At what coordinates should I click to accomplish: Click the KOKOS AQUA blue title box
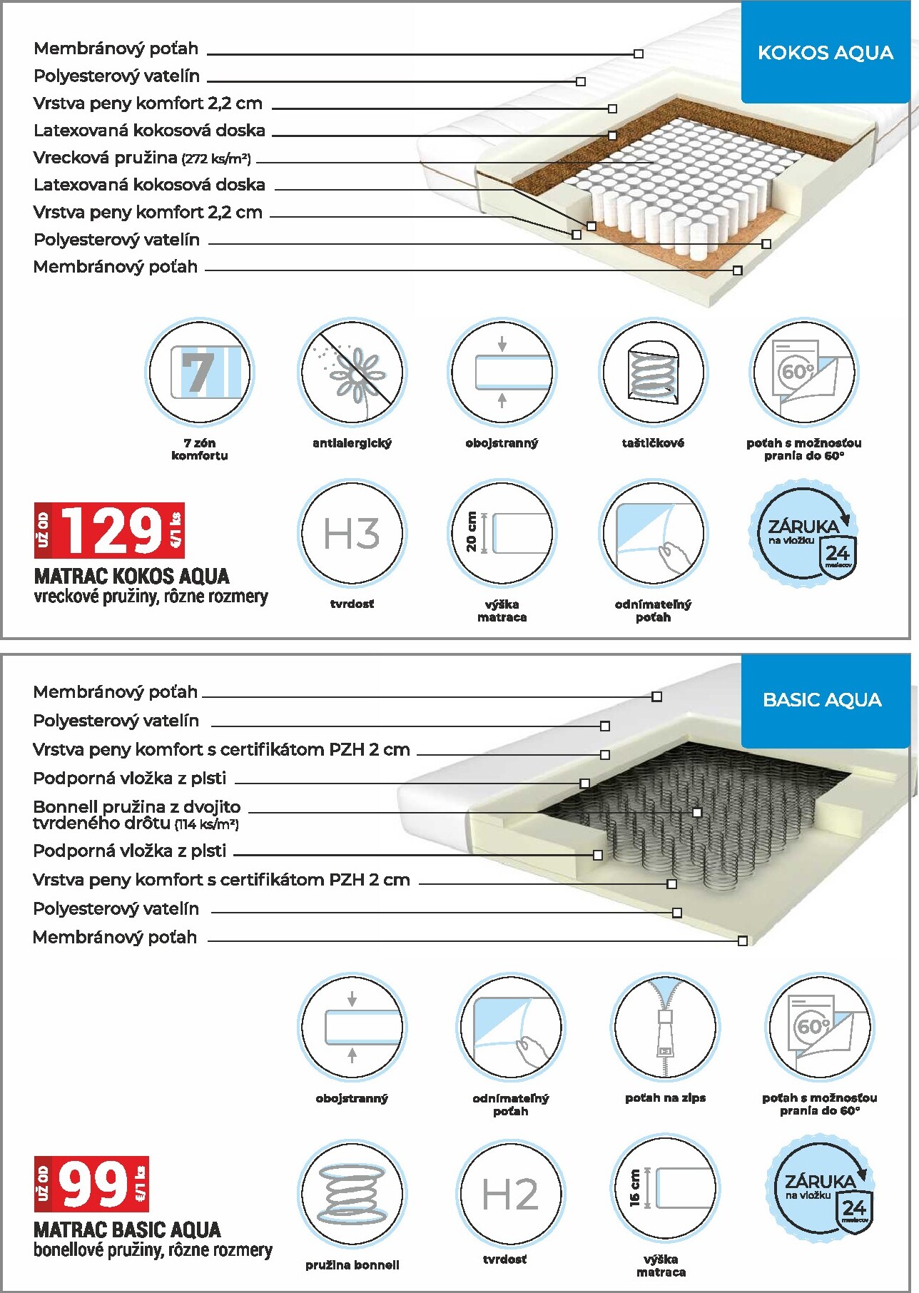click(x=825, y=53)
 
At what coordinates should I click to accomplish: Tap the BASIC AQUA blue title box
click(x=822, y=700)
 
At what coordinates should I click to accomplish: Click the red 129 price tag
click(x=110, y=531)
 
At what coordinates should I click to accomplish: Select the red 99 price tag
click(x=92, y=1185)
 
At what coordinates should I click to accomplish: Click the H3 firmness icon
click(x=351, y=533)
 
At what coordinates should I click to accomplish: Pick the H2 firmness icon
click(x=509, y=1194)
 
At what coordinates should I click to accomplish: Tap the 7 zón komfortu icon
click(x=200, y=372)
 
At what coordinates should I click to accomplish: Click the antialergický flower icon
click(x=352, y=372)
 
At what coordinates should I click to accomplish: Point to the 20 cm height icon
click(x=502, y=533)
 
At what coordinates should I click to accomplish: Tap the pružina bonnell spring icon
click(x=352, y=1194)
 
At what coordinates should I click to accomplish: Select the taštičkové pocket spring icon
click(x=653, y=372)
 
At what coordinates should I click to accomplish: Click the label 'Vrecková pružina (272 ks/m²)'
click(x=142, y=158)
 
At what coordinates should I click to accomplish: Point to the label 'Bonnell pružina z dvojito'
click(x=137, y=807)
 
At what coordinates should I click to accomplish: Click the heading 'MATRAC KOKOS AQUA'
click(x=132, y=577)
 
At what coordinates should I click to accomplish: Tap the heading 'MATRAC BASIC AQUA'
click(x=127, y=1230)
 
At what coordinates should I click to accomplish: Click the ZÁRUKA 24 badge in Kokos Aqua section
click(x=804, y=534)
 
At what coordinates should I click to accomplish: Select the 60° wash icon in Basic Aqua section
click(x=819, y=1028)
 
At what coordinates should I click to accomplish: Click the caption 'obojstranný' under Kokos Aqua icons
click(x=502, y=443)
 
